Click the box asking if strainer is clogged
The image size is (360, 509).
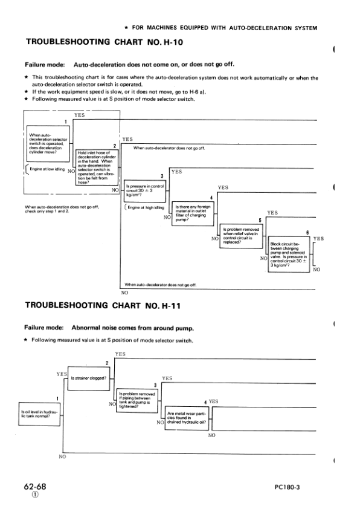click(89, 378)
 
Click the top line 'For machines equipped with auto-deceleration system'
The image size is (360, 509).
click(221, 28)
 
